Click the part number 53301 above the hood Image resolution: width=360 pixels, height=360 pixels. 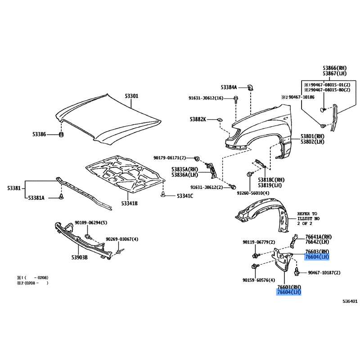[x=131, y=96]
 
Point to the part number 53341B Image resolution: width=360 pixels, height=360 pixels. [x=129, y=203]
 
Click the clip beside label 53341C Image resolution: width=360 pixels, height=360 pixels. [x=163, y=195]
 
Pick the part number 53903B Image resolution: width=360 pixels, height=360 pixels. [x=79, y=257]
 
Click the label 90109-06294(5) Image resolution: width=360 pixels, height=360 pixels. [x=91, y=222]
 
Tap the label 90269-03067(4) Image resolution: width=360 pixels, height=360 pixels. [x=122, y=239]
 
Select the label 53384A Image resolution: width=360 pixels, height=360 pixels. [x=229, y=87]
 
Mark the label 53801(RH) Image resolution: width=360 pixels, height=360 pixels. [x=312, y=136]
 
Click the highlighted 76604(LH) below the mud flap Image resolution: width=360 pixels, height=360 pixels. [x=289, y=292]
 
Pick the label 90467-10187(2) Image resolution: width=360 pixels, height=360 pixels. [x=324, y=273]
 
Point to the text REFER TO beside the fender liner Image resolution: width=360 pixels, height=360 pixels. [x=307, y=214]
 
